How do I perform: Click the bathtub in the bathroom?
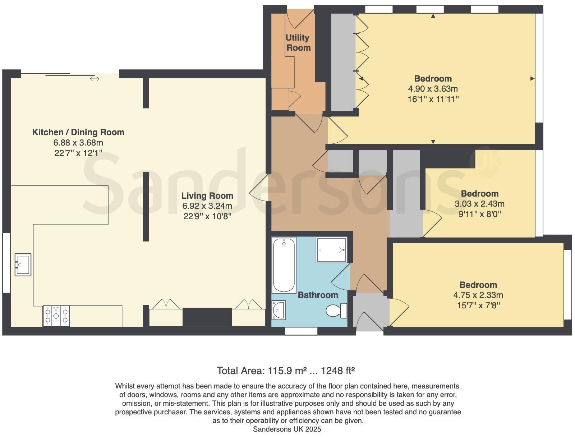[284, 265]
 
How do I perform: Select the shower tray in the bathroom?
[331, 249]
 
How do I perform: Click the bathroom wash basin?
[279, 310]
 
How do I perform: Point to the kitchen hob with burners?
[56, 316]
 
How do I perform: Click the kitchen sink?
[23, 264]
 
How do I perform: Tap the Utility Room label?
[298, 42]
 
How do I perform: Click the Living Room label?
[207, 196]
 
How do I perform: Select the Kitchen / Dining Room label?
[78, 132]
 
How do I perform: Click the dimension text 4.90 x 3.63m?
[433, 89]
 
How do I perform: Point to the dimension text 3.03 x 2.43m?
[479, 204]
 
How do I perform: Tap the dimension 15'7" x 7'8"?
[478, 305]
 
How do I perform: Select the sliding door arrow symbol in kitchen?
[95, 79]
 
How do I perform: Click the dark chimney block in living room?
[207, 317]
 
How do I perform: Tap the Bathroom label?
[318, 295]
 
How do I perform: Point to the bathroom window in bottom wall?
[301, 331]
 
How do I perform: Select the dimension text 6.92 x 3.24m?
[207, 206]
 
